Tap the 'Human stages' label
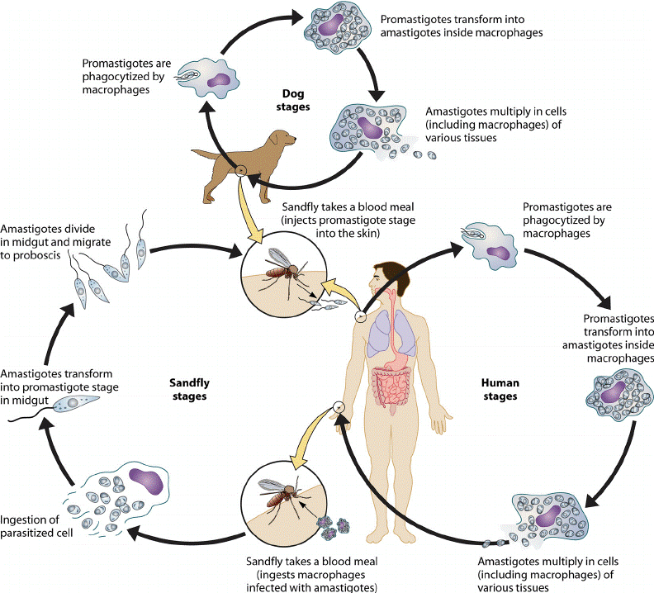coord(499,390)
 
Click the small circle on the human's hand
coord(338,407)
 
